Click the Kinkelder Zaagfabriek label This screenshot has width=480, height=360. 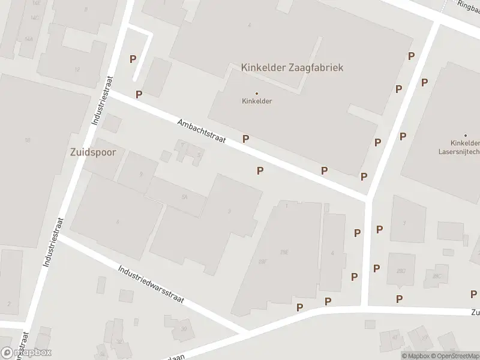pos(292,68)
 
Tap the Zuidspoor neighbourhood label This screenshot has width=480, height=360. pos(89,152)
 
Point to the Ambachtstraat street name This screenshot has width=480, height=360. pos(201,131)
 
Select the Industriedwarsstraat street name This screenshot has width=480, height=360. pos(151,284)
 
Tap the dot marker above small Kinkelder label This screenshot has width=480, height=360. pos(257,93)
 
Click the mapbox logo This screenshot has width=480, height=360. pos(26,353)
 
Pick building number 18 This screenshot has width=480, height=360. pos(27,140)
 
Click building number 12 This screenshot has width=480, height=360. pos(77,70)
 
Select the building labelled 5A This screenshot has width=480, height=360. pos(185,197)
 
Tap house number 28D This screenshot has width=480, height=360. pos(401,271)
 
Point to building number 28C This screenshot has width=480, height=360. pos(436,275)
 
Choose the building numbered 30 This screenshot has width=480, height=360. pos(184,329)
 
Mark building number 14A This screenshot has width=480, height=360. pos(29,38)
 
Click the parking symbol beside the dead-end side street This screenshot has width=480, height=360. pos(133,59)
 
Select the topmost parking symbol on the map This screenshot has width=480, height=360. pos(412,56)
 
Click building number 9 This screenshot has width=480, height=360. pos(141,174)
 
